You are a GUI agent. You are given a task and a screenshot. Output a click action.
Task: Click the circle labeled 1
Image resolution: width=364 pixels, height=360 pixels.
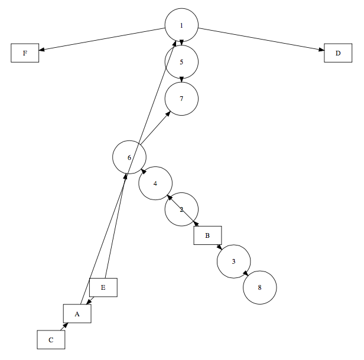181,25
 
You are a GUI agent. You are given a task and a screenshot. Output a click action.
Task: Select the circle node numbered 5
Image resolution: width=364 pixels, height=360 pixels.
181,61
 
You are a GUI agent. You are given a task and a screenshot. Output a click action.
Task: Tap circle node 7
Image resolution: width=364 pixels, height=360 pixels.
181,98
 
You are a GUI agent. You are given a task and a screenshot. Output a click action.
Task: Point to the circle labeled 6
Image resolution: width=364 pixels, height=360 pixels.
129,157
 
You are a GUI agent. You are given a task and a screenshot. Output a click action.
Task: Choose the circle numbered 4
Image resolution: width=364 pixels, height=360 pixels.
155,183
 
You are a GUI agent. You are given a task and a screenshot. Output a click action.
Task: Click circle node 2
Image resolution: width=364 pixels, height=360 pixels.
181,209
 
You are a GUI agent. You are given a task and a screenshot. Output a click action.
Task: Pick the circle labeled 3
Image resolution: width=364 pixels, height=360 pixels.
233,261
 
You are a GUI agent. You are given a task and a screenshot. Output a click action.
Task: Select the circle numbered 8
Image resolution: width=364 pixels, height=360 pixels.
259,287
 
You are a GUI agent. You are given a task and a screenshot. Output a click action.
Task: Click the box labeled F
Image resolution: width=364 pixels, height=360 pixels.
25,53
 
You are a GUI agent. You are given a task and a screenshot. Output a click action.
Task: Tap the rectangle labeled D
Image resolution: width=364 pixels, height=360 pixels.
338,53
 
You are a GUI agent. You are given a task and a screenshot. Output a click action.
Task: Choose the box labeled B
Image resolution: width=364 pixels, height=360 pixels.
207,235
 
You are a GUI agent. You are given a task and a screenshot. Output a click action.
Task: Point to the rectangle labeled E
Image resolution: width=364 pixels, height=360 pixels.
103,287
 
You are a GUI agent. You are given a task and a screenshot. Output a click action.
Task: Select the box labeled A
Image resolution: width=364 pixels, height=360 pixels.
77,313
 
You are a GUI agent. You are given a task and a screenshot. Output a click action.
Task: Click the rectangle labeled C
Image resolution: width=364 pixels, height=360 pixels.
51,339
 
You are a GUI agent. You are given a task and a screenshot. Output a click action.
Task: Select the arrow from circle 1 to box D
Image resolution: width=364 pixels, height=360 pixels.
261,39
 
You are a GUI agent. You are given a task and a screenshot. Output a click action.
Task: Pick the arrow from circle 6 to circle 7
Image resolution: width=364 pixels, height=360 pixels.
157,127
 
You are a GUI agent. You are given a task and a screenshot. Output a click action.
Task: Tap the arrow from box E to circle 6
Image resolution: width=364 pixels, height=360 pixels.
116,224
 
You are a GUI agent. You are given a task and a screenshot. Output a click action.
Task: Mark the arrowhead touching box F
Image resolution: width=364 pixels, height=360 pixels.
43,51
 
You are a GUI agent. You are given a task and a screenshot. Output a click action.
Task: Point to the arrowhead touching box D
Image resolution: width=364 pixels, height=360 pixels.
320,50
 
